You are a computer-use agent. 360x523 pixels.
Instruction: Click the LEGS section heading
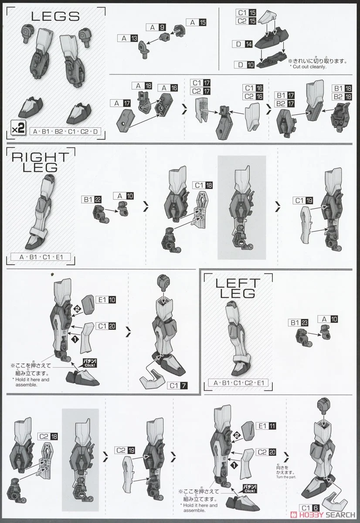pyautogui.click(x=55, y=17)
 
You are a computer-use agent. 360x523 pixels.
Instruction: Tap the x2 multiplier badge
pyautogui.click(x=18, y=128)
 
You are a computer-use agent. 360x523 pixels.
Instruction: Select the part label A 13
pyautogui.click(x=128, y=38)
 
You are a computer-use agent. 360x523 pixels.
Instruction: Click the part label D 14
pyautogui.click(x=242, y=44)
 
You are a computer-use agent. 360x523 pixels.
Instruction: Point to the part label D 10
pyautogui.click(x=244, y=65)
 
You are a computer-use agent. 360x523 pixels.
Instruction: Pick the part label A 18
pyautogui.click(x=142, y=86)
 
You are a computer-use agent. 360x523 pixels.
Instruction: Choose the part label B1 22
pyautogui.click(x=92, y=200)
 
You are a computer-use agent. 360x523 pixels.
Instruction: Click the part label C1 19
pyautogui.click(x=303, y=200)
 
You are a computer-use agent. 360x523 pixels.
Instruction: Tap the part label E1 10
pyautogui.click(x=106, y=299)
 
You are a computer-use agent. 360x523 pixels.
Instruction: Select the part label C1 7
pyautogui.click(x=177, y=385)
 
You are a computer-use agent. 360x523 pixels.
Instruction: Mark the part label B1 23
pyautogui.click(x=298, y=323)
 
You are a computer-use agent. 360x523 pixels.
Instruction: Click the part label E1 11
pyautogui.click(x=266, y=426)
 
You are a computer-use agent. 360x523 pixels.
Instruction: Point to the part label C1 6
pyautogui.click(x=309, y=508)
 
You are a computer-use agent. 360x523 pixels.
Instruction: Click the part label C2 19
pyautogui.click(x=125, y=450)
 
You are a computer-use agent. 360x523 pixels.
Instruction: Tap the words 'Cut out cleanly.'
pyautogui.click(x=309, y=67)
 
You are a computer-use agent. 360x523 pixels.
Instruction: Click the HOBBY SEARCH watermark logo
pyautogui.click(x=323, y=515)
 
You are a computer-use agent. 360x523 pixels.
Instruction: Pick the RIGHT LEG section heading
pyautogui.click(x=41, y=162)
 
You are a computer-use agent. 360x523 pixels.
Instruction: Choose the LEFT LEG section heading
pyautogui.click(x=238, y=288)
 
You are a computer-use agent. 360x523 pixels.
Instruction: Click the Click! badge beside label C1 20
pyautogui.click(x=90, y=363)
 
